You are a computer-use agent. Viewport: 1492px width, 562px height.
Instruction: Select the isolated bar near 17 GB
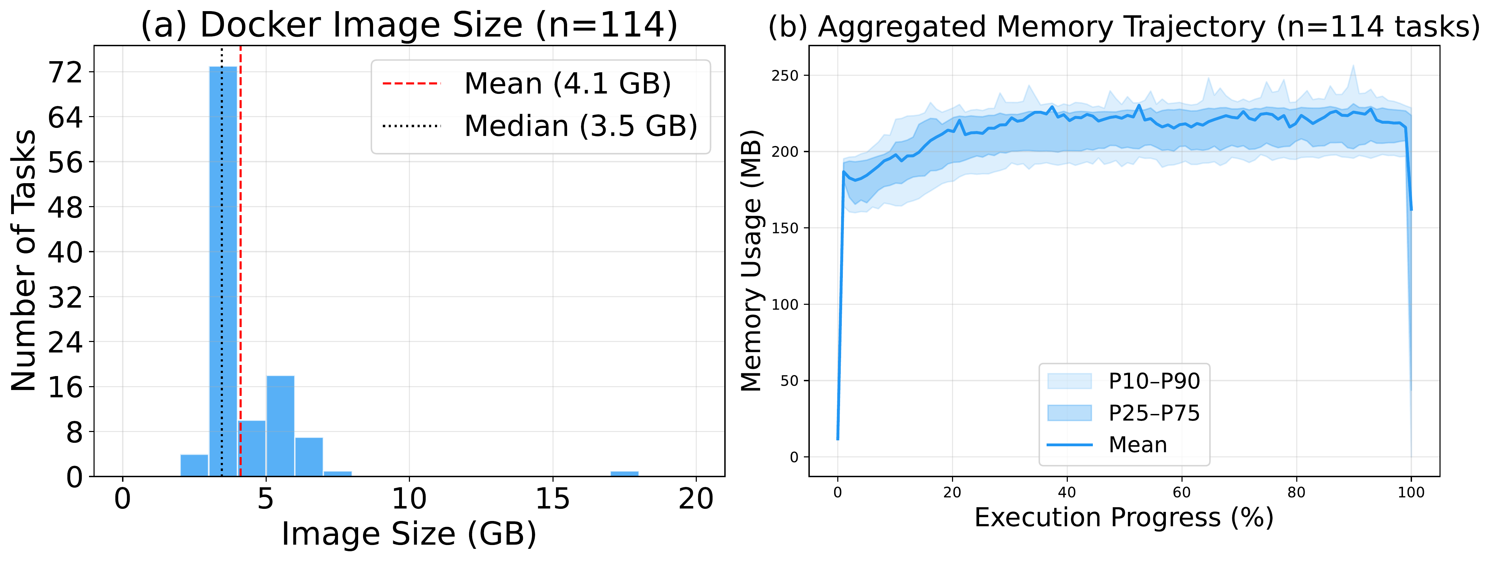point(624,473)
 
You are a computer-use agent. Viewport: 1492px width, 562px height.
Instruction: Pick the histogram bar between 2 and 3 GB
point(194,465)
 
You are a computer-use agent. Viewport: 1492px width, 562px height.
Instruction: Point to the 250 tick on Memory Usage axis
point(785,76)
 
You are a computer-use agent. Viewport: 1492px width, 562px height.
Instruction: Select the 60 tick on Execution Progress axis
point(1181,492)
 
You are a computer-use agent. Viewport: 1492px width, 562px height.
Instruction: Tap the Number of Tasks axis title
point(24,260)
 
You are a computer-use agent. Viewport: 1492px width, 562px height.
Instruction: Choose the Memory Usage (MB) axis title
point(752,260)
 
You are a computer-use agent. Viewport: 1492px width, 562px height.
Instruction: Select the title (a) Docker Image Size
point(409,25)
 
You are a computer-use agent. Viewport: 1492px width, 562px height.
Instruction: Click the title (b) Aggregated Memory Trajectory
point(1124,27)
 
